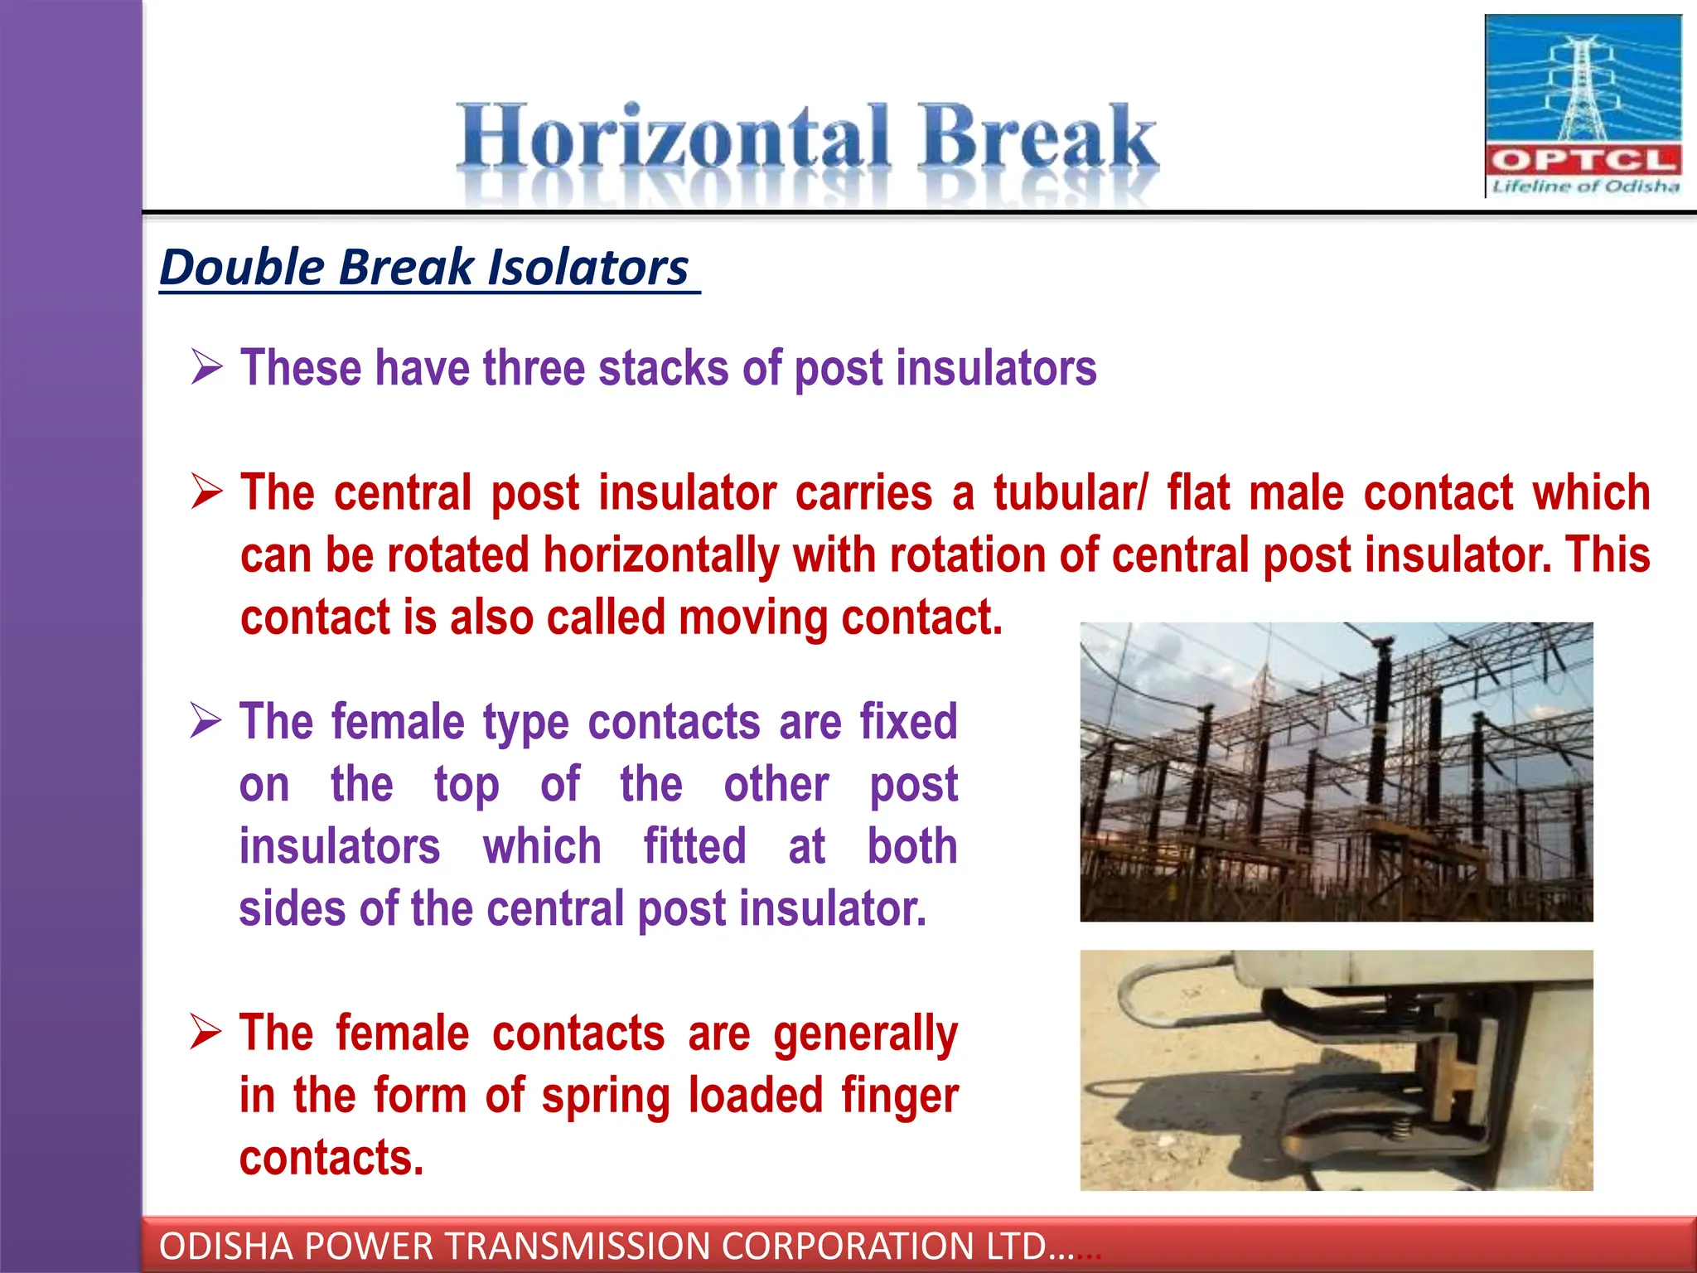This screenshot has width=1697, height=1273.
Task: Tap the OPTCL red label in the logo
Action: click(x=1583, y=160)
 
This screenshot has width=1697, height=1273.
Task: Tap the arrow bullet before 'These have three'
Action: click(x=206, y=366)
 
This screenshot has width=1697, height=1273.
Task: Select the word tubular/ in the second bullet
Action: click(x=1070, y=492)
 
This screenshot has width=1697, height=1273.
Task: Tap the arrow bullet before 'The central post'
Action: click(x=206, y=491)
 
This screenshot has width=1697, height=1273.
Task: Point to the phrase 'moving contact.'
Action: click(x=840, y=617)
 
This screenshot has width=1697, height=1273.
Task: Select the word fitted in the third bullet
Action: click(x=694, y=846)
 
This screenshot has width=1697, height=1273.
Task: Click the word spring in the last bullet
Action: click(x=605, y=1096)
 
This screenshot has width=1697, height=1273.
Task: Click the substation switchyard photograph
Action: click(x=1336, y=772)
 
